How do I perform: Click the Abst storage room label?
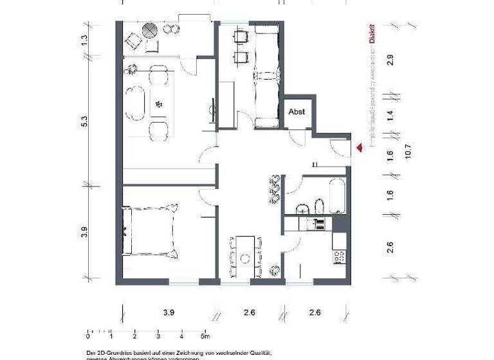297,111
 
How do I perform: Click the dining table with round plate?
244,257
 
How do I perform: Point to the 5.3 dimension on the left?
84,122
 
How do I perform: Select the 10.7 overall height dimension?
408,151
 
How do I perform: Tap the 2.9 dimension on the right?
390,60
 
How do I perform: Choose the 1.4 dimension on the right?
390,116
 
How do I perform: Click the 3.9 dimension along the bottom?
168,313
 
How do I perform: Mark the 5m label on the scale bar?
205,336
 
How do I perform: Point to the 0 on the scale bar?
87,336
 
